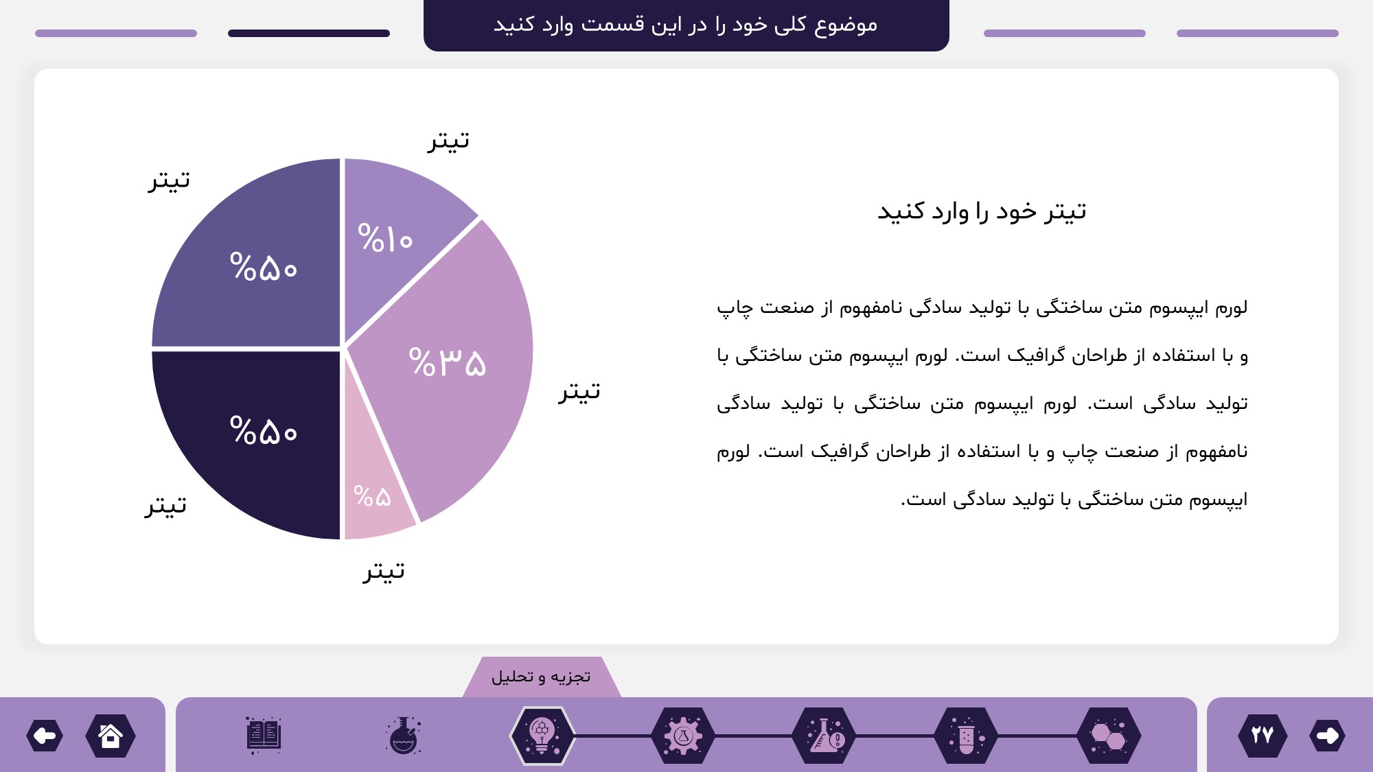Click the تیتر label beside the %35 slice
click(x=579, y=391)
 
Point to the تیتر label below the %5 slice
click(x=384, y=571)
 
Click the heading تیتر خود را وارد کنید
click(x=982, y=211)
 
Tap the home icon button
click(x=111, y=736)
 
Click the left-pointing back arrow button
click(x=45, y=736)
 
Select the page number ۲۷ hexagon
click(x=1262, y=736)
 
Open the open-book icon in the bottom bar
click(x=264, y=735)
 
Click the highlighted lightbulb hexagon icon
click(x=542, y=736)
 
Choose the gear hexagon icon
click(x=683, y=736)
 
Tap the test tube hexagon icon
click(x=966, y=736)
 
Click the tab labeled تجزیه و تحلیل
click(x=542, y=677)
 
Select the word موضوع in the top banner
click(x=846, y=25)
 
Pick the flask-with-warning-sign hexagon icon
click(x=824, y=736)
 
